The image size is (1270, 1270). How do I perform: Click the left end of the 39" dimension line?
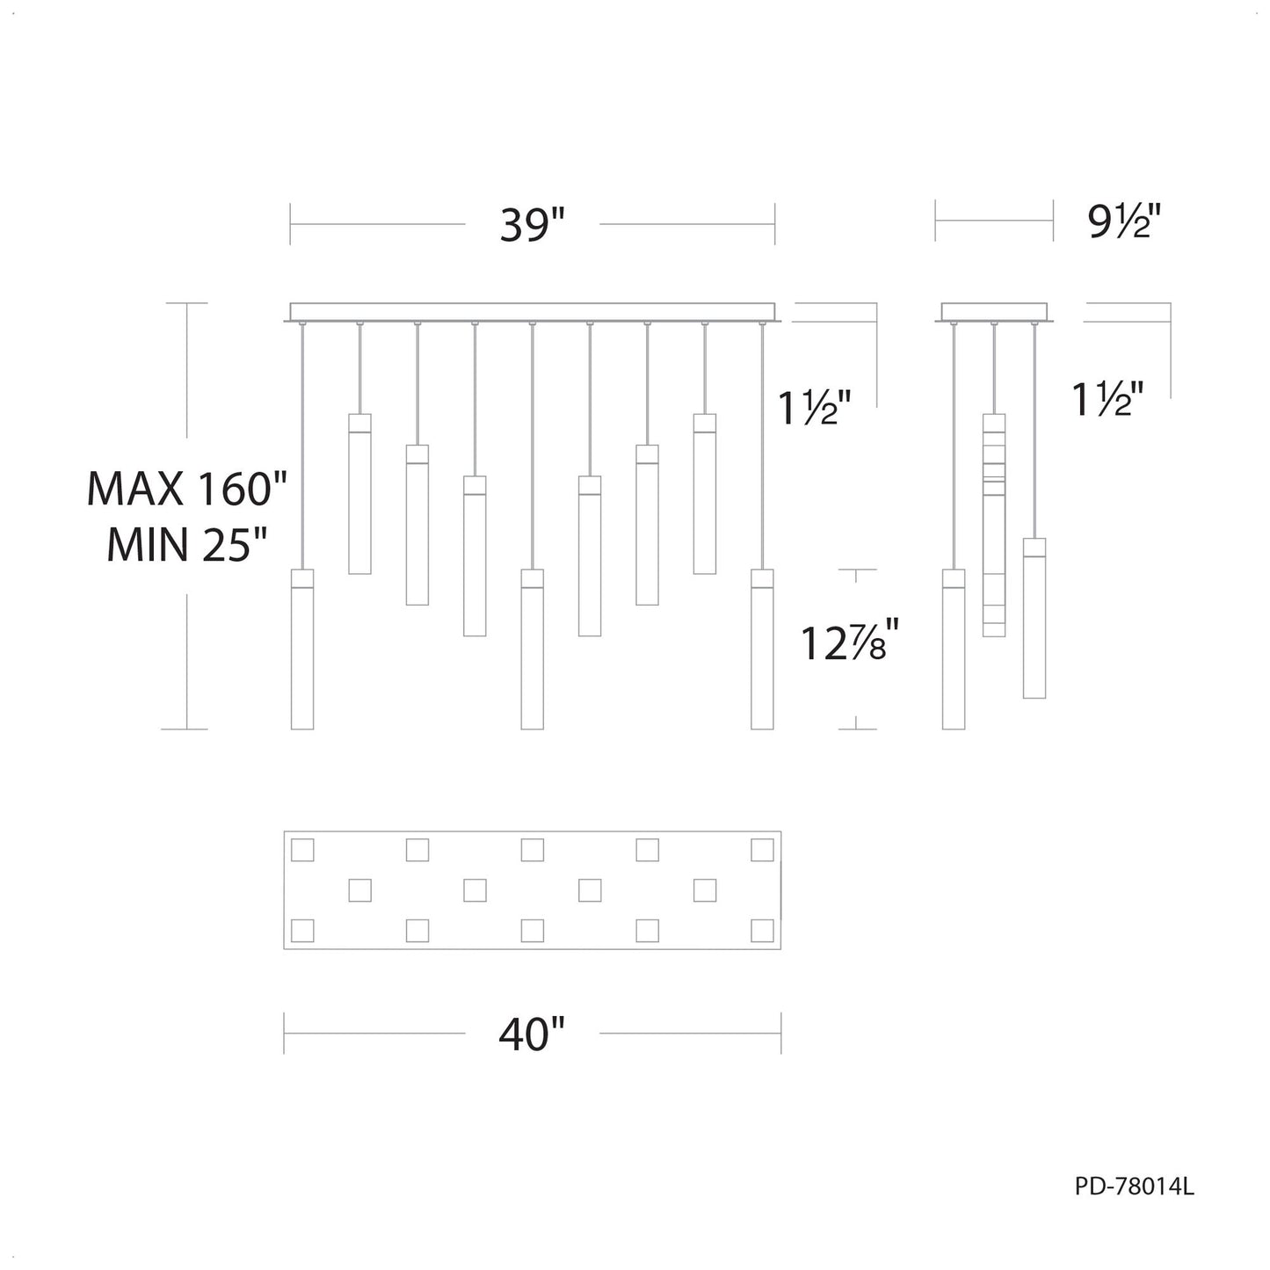pyautogui.click(x=291, y=224)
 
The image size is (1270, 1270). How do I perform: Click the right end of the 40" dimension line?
pyautogui.click(x=781, y=1034)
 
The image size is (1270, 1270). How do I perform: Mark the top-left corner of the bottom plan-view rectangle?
pyautogui.click(x=284, y=831)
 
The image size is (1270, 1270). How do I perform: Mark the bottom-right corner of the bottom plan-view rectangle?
pyautogui.click(x=781, y=949)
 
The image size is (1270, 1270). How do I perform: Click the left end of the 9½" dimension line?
pyautogui.click(x=935, y=221)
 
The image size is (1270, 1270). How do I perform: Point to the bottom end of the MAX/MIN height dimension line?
pyautogui.click(x=187, y=729)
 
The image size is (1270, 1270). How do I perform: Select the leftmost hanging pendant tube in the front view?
pyautogui.click(x=302, y=650)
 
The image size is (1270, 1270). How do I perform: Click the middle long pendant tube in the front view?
pyautogui.click(x=533, y=650)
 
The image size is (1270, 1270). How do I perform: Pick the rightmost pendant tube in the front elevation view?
pyautogui.click(x=763, y=650)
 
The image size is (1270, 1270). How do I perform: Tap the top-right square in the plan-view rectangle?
pyautogui.click(x=763, y=850)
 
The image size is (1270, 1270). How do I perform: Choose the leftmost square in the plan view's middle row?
pyautogui.click(x=359, y=890)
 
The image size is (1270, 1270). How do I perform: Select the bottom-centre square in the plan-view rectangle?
pyautogui.click(x=533, y=931)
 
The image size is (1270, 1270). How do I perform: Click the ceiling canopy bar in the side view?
pyautogui.click(x=995, y=312)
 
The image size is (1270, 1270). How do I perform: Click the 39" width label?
pyautogui.click(x=533, y=225)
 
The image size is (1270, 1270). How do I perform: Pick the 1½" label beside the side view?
pyautogui.click(x=1107, y=399)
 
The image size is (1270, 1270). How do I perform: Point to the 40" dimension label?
pyautogui.click(x=533, y=1034)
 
